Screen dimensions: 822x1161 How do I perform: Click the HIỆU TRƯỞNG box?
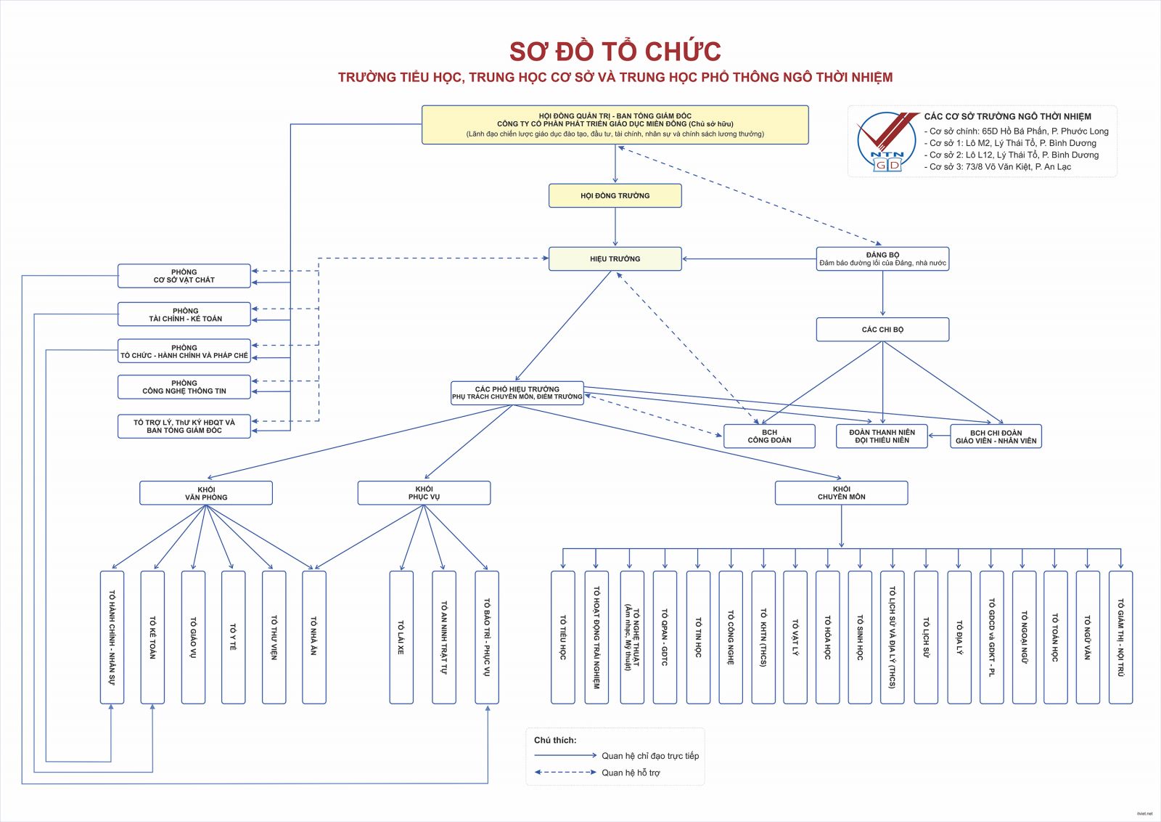(x=615, y=259)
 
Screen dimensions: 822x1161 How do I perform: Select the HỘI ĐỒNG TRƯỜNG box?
(x=615, y=195)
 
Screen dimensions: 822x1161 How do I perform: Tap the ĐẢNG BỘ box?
(x=882, y=259)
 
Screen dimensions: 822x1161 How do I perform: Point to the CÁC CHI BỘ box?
(x=882, y=329)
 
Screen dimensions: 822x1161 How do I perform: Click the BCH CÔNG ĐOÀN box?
(x=769, y=436)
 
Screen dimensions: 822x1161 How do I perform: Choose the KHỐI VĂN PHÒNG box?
(x=206, y=493)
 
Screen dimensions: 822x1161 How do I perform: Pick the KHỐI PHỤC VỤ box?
(x=424, y=493)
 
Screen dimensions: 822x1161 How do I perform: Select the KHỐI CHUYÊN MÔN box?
(x=841, y=493)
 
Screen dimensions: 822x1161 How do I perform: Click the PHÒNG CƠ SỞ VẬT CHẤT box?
(x=184, y=276)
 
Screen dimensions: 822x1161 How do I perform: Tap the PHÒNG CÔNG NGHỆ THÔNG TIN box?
(x=184, y=387)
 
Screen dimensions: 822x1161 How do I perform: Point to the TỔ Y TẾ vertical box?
(x=233, y=637)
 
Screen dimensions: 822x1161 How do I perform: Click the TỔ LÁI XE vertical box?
(x=401, y=637)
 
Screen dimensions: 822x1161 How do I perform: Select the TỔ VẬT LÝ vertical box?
(x=795, y=637)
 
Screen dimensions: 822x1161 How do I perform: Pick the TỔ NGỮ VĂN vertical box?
(x=1087, y=637)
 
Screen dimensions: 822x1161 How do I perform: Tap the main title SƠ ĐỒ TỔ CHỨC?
(x=615, y=52)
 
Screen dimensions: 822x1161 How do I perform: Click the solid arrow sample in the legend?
(x=565, y=755)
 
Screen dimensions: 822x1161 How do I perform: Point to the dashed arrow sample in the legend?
(x=565, y=772)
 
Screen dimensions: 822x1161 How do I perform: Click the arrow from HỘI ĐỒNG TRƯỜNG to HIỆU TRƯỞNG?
(x=615, y=227)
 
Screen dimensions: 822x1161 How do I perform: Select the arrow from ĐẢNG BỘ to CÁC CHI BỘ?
(x=883, y=294)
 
